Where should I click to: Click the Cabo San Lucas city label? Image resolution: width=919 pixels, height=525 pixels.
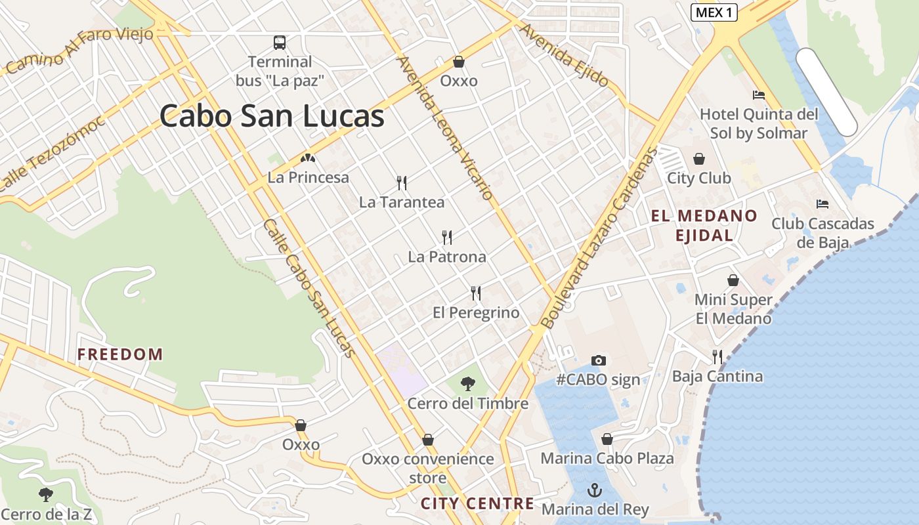[272, 117]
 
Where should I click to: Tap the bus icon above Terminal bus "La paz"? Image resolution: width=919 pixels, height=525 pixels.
[280, 43]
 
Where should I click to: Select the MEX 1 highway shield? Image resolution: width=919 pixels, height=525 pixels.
[714, 12]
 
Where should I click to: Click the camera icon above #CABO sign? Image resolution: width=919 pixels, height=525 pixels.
[598, 360]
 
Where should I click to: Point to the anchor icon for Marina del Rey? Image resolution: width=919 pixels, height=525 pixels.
[594, 490]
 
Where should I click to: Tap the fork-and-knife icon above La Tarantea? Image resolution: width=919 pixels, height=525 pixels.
[402, 183]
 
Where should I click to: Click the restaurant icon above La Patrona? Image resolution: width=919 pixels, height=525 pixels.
[447, 237]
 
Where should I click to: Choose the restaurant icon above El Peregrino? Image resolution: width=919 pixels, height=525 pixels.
[476, 293]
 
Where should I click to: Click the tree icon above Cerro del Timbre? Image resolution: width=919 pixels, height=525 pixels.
[468, 384]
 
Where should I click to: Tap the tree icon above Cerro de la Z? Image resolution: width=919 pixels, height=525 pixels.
[46, 494]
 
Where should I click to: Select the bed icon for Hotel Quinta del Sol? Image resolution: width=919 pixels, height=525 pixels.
[759, 95]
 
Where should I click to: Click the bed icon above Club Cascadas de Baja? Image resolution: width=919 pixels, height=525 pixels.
[823, 204]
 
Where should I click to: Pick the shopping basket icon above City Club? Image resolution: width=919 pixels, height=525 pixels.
[699, 159]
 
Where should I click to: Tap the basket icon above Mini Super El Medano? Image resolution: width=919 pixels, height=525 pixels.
[733, 280]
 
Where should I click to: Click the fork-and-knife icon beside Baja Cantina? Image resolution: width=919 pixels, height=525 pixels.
[717, 357]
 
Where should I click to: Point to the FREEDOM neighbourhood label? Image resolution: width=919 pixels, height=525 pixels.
[120, 354]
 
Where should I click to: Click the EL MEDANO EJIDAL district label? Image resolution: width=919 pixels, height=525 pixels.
[704, 225]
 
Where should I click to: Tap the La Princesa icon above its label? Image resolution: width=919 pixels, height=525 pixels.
[308, 158]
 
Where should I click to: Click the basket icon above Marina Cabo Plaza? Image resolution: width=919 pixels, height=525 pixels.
[607, 439]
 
